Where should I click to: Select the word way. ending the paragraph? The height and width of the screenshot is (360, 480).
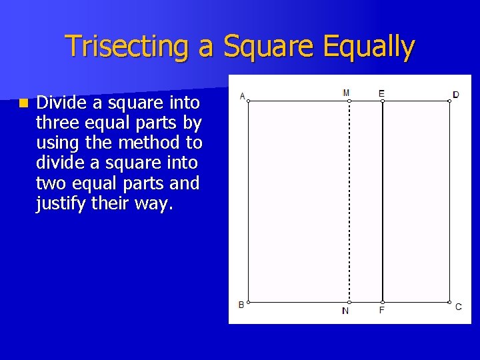coord(153,203)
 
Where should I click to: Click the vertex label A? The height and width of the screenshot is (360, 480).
coord(241,95)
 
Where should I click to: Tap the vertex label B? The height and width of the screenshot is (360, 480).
coord(241,305)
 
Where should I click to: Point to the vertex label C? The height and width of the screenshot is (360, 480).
coord(458,307)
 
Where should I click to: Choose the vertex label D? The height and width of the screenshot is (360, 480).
coord(456,95)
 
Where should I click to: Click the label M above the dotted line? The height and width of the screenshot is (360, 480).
coord(346,93)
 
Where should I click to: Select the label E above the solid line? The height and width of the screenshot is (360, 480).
coord(381,93)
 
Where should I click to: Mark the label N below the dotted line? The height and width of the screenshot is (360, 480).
coord(345,311)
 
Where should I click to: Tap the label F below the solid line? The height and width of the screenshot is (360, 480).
coord(382,311)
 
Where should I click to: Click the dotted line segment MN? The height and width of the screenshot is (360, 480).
coord(349,200)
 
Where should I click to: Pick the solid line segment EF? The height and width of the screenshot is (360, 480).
coord(383,200)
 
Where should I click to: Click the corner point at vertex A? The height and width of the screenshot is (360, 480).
coord(248,101)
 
